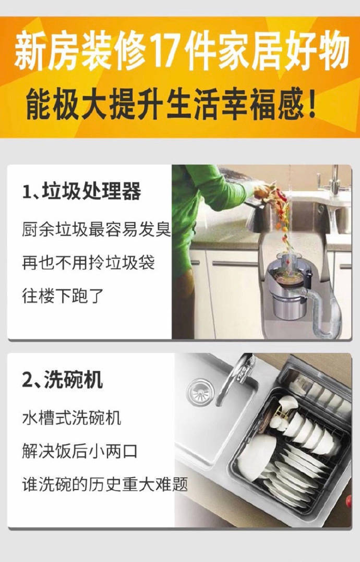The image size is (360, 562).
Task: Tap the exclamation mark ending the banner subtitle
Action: [311, 104]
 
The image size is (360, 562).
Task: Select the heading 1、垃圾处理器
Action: [81, 191]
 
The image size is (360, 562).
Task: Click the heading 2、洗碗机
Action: [63, 380]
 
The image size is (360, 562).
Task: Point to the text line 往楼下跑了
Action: [63, 296]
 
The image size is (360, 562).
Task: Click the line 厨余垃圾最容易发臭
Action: [97, 229]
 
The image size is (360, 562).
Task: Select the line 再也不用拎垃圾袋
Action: [88, 263]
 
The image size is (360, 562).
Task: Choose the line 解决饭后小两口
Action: [80, 451]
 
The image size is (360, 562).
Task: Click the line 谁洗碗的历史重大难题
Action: [105, 484]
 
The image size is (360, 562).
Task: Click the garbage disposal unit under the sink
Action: [287, 286]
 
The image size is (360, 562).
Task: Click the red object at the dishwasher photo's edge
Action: [349, 500]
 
